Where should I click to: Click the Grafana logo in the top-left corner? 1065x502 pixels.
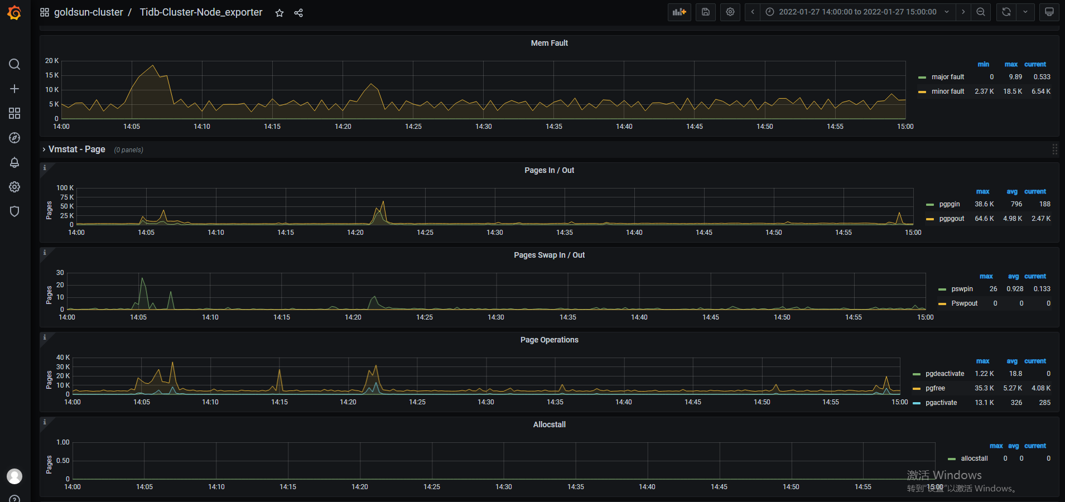point(15,12)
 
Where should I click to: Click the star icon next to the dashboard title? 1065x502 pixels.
point(279,13)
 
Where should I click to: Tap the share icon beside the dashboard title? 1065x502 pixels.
point(298,13)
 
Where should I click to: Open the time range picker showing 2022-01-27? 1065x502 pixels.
point(857,12)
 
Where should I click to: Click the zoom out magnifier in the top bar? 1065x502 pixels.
point(980,12)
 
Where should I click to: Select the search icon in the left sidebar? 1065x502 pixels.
point(15,64)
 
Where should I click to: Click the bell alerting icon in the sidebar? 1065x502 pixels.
point(15,162)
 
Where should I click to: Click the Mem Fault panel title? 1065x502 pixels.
point(549,43)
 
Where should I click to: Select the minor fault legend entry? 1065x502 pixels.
point(947,91)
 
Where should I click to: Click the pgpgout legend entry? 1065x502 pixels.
point(951,219)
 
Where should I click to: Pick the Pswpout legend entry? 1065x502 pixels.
point(964,303)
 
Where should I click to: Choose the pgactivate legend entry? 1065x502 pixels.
point(941,403)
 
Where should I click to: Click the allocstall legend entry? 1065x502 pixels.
point(974,458)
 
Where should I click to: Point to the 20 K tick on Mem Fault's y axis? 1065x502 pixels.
point(52,61)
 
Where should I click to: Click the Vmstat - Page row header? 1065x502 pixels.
point(76,149)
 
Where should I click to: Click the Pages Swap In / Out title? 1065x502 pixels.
point(549,255)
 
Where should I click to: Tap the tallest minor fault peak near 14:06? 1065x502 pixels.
point(153,66)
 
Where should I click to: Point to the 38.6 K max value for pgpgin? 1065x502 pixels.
point(984,204)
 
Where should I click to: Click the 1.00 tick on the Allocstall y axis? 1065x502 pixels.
point(63,442)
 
